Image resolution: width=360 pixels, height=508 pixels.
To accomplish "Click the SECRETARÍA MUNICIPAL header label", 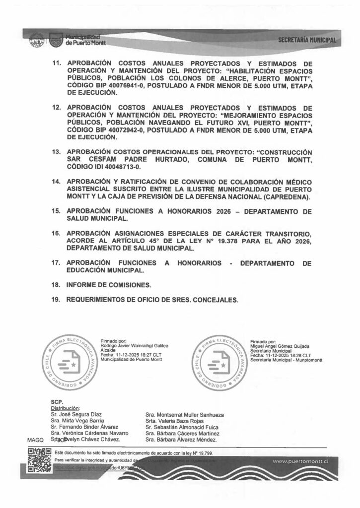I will (307, 40).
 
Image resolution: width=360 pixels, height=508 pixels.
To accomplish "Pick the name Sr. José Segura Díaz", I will (77, 414).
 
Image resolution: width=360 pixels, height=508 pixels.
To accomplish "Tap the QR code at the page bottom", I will (39, 459).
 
